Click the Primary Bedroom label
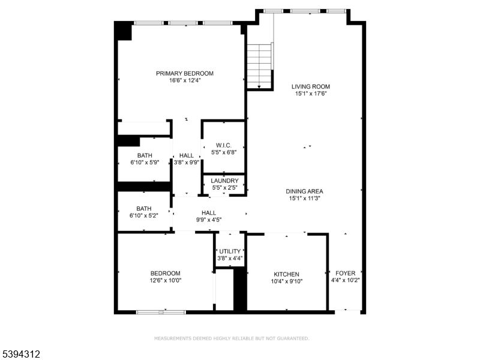pyautogui.click(x=185, y=74)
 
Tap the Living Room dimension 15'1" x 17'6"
pyautogui.click(x=311, y=94)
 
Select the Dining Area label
pyautogui.click(x=305, y=191)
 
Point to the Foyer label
pyautogui.click(x=345, y=272)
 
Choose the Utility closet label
pyautogui.click(x=230, y=251)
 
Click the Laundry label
pyautogui.click(x=225, y=181)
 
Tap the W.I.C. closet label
pyautogui.click(x=224, y=145)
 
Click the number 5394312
pyautogui.click(x=20, y=355)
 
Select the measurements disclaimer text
pyautogui.click(x=232, y=338)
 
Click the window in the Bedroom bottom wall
pyautogui.click(x=161, y=312)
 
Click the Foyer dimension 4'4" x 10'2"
pyautogui.click(x=345, y=280)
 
